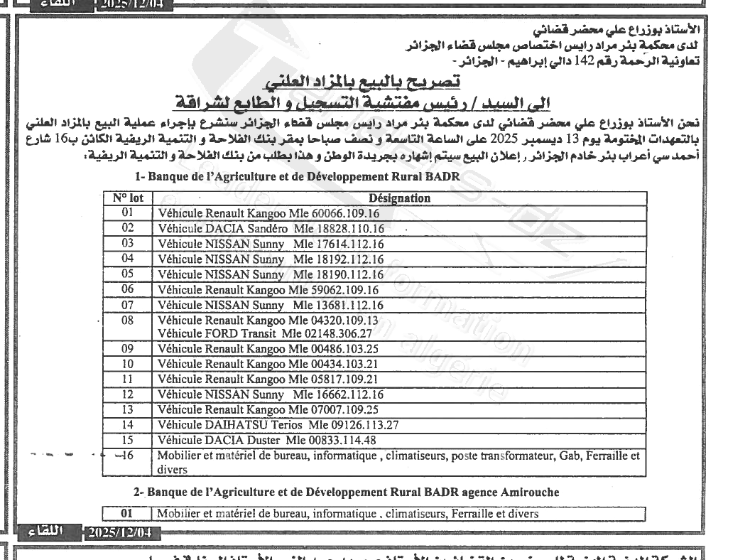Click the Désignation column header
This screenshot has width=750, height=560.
click(x=400, y=198)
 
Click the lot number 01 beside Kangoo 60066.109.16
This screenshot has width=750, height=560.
click(x=128, y=212)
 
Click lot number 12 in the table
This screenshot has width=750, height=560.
click(x=128, y=393)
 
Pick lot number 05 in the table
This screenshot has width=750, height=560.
click(x=128, y=273)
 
